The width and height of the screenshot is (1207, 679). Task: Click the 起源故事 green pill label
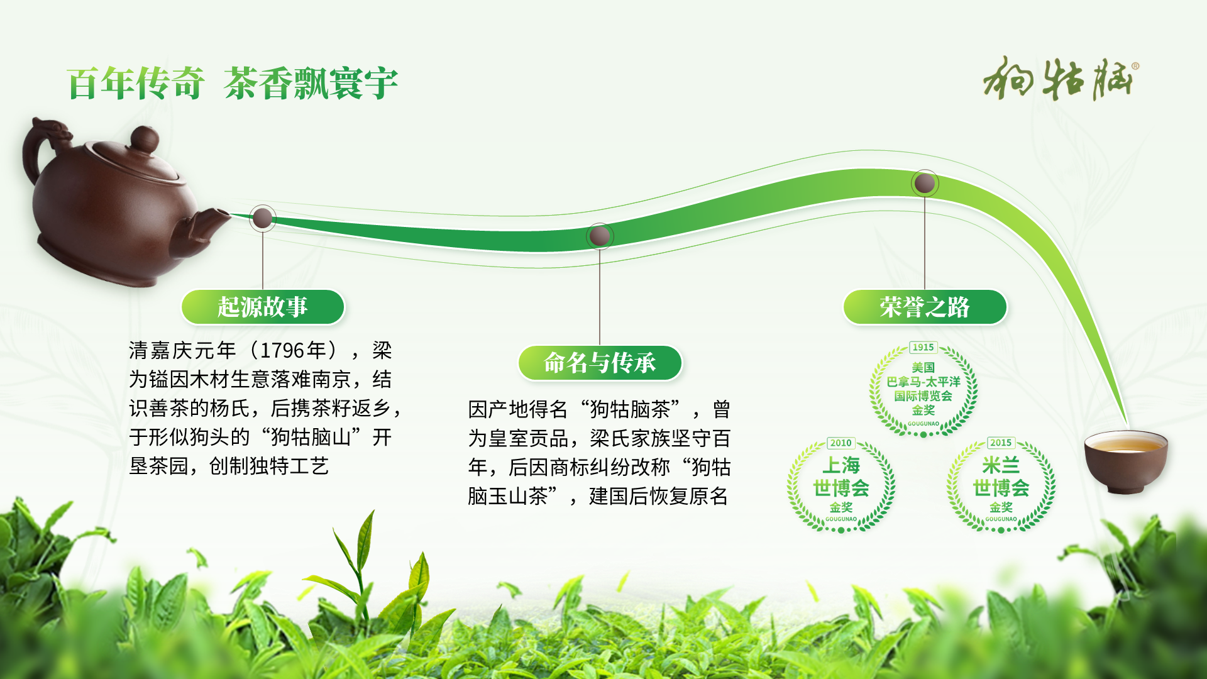tap(263, 307)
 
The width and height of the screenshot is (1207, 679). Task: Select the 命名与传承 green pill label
tap(600, 363)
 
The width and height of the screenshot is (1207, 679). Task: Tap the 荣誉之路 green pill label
tap(925, 307)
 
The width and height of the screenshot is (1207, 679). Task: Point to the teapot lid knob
tap(145, 139)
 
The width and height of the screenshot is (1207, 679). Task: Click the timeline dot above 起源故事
tap(262, 219)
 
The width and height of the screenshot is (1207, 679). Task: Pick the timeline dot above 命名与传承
tap(600, 236)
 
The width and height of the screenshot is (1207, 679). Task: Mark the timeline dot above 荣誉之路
tap(925, 184)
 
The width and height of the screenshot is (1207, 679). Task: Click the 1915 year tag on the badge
tap(923, 347)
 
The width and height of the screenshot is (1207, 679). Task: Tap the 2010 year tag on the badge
tap(840, 443)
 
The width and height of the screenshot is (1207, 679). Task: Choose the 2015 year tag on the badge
tap(1001, 443)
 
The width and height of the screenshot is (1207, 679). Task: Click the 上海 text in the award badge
tap(841, 465)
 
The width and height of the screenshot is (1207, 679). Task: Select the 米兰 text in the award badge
tap(1001, 465)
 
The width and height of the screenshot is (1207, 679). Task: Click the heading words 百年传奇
tap(136, 83)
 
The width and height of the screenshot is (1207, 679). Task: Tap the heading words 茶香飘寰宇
tap(311, 83)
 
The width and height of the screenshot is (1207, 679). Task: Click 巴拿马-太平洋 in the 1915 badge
tap(923, 382)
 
